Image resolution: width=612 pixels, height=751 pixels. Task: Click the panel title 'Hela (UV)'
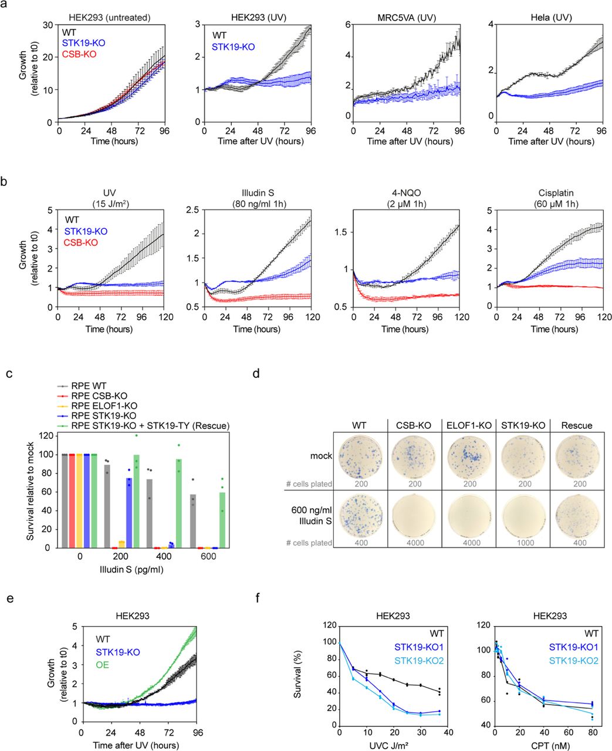pyautogui.click(x=551, y=18)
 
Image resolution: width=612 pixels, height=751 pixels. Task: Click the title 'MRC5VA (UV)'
pyautogui.click(x=405, y=18)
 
